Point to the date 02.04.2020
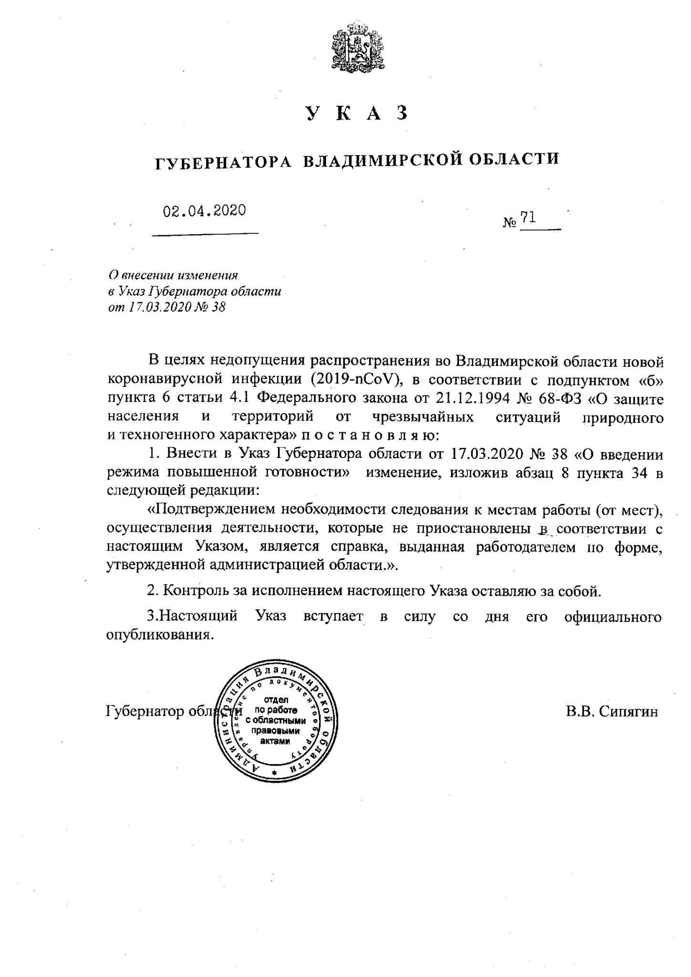click(x=204, y=210)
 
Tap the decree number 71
click(x=527, y=218)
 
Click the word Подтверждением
click(x=213, y=510)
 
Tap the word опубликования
click(x=158, y=635)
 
